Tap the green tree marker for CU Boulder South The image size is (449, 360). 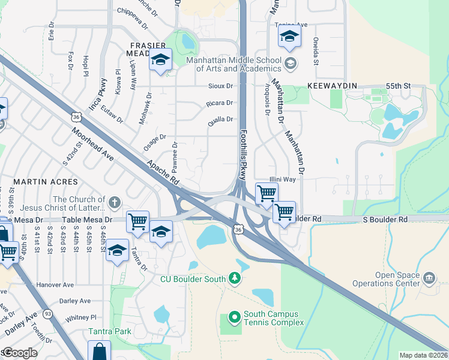(x=235, y=278)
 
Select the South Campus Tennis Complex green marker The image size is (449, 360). (x=234, y=316)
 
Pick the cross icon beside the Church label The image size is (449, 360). (x=115, y=202)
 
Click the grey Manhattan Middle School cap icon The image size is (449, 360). (x=290, y=63)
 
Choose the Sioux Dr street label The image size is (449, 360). (x=220, y=86)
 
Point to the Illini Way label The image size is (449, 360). (x=282, y=179)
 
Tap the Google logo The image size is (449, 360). (x=19, y=352)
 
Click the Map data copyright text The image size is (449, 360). (x=423, y=355)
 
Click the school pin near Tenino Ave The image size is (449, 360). (x=289, y=38)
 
